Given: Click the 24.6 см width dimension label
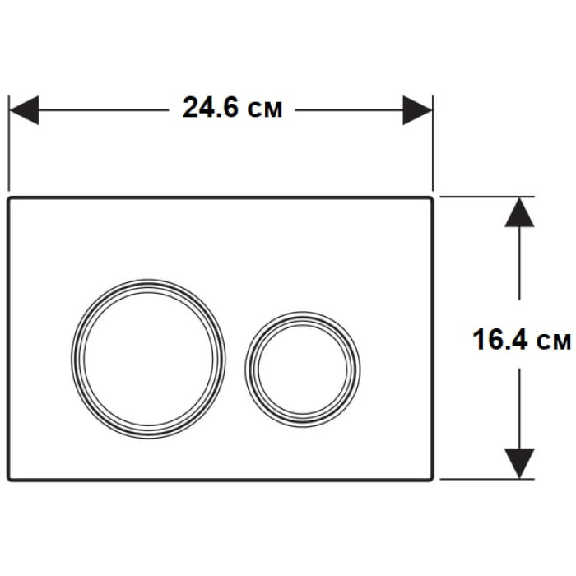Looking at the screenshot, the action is point(233,108).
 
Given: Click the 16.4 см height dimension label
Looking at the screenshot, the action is point(522,339).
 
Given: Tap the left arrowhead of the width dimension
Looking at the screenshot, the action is point(24,110).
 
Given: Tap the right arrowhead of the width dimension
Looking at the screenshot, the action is point(417,110).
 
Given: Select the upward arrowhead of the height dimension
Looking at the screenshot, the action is point(519,212).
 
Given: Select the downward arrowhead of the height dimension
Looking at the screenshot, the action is point(519,463).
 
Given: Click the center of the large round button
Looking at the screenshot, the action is point(148,359).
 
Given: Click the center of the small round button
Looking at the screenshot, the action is point(302,369).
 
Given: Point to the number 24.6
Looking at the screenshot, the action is point(211,108).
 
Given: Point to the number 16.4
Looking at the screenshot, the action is point(500,339).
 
